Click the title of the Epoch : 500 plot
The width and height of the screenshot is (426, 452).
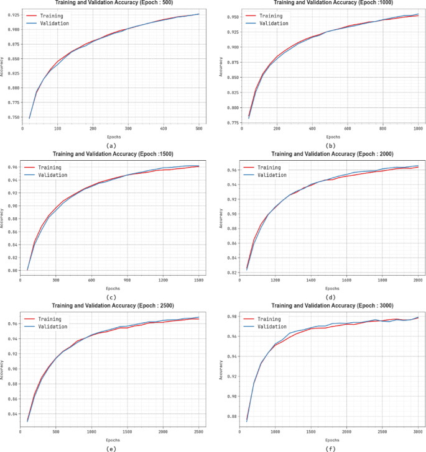[x=114, y=3]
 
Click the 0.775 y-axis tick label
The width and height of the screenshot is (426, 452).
[x=228, y=122]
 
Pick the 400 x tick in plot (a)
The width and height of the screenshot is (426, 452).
[x=163, y=128]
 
